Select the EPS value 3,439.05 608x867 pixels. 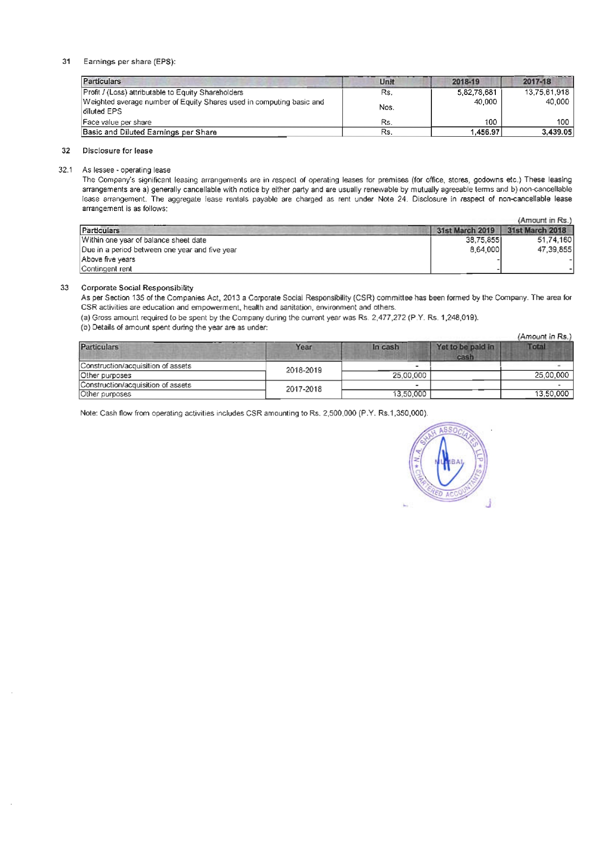point(555,132)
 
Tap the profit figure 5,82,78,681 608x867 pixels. point(477,92)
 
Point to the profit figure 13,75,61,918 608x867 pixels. point(547,92)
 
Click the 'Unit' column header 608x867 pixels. point(387,82)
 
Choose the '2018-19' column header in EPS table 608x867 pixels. point(465,82)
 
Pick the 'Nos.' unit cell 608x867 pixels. point(387,107)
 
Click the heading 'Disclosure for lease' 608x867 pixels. point(118,151)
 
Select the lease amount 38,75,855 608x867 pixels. point(483,240)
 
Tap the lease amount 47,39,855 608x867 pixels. point(554,250)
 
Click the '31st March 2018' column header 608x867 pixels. point(537,230)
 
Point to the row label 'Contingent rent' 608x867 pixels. point(107,269)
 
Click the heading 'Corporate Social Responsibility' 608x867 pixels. point(137,288)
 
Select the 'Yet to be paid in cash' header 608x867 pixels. point(465,352)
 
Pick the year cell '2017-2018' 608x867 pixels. point(304,389)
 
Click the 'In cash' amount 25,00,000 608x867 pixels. point(409,375)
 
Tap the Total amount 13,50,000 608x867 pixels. point(551,394)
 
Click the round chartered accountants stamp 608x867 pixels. point(448,462)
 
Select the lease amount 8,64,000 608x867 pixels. point(485,250)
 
